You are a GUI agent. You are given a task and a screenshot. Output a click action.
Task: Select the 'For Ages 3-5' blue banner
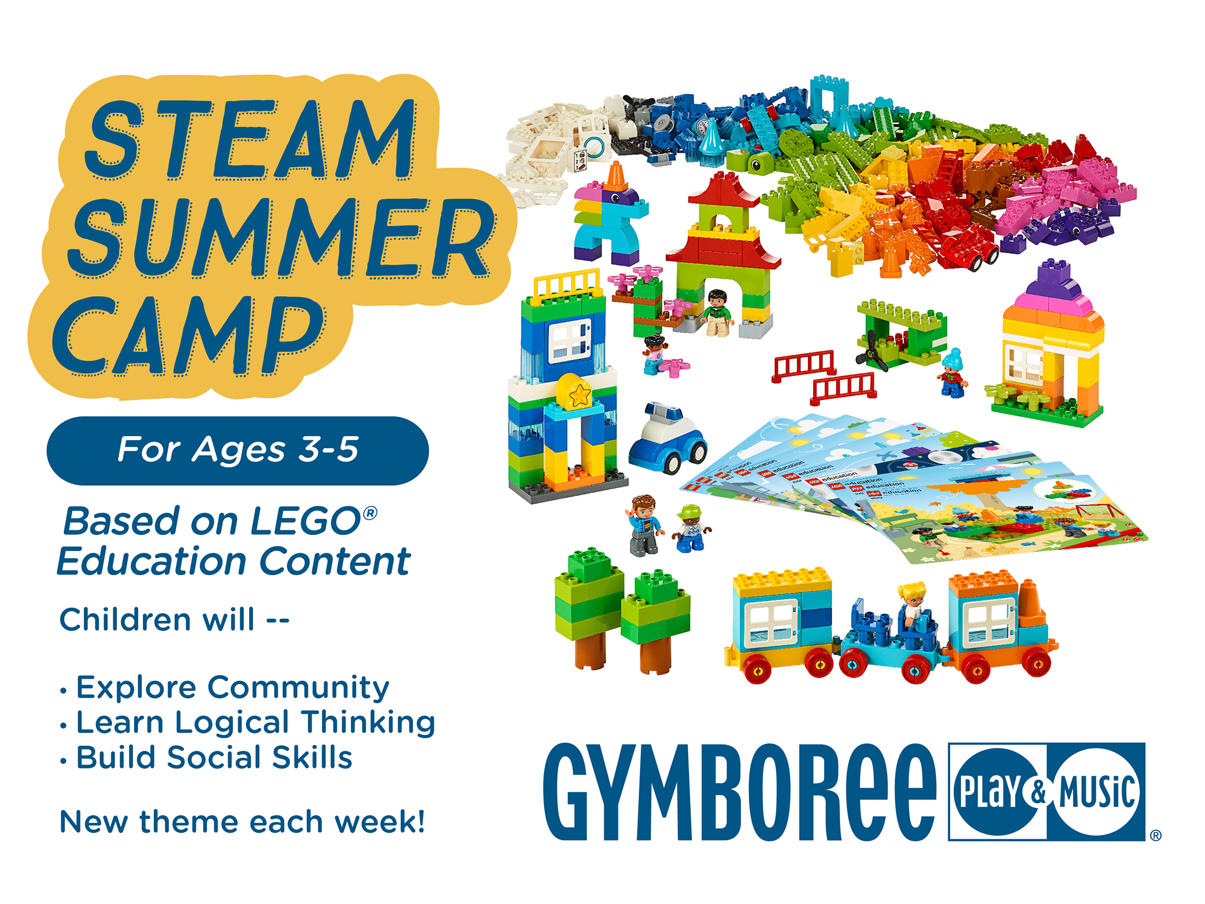(x=238, y=450)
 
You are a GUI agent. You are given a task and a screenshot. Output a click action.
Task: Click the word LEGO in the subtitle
(x=305, y=521)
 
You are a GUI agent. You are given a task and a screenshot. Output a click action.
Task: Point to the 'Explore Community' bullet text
(x=232, y=687)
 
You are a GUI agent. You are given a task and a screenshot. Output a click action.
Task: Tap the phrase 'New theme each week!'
(x=242, y=821)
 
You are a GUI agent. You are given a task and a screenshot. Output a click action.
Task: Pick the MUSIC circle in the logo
(x=1096, y=792)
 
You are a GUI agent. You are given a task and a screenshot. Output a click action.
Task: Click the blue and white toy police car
(x=667, y=439)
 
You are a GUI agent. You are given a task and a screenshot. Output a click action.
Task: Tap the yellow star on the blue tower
(x=580, y=394)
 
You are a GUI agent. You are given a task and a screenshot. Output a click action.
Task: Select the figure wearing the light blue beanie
(x=953, y=373)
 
